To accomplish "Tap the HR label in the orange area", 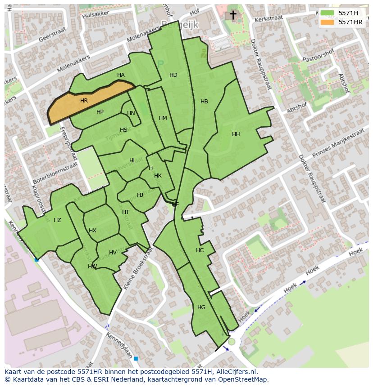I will pyautogui.click(x=84, y=101).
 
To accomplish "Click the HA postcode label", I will pyautogui.click(x=121, y=75).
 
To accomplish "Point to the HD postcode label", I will pyautogui.click(x=173, y=75).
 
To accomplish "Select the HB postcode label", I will pyautogui.click(x=204, y=102).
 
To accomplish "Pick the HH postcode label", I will pyautogui.click(x=236, y=134).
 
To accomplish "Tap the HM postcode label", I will pyautogui.click(x=163, y=118).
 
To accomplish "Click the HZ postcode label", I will pyautogui.click(x=57, y=220).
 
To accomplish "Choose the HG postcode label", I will pyautogui.click(x=201, y=307).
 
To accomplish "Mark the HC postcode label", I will pyautogui.click(x=200, y=250).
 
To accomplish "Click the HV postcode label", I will pyautogui.click(x=113, y=253).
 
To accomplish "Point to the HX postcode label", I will pyautogui.click(x=92, y=231).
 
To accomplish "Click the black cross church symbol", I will pyautogui.click(x=233, y=15).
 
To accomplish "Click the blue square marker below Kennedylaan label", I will pyautogui.click(x=136, y=358).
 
